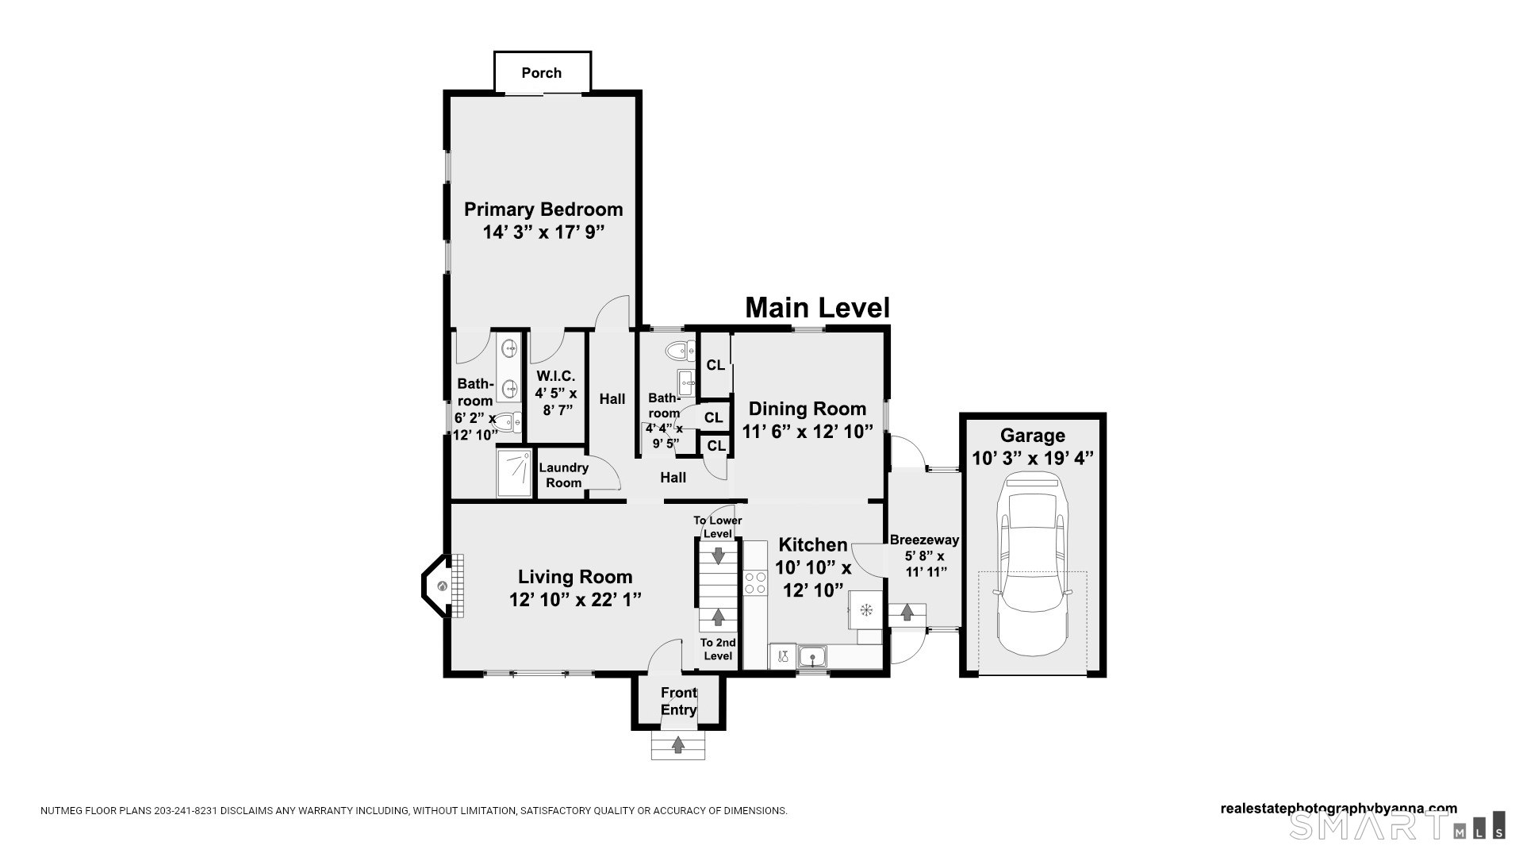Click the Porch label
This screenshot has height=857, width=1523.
(x=542, y=73)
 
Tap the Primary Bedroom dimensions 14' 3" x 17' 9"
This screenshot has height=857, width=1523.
(x=543, y=233)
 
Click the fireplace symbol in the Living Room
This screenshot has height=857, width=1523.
(x=443, y=586)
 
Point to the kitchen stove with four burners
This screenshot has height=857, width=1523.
(x=755, y=582)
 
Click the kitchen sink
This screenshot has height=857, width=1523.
(x=812, y=657)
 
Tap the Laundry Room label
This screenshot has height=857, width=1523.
(x=563, y=475)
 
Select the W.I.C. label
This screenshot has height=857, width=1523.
(x=555, y=376)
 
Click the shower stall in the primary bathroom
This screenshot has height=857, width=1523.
(x=514, y=474)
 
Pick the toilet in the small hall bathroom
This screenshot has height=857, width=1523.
(x=679, y=350)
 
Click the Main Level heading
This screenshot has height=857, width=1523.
(x=817, y=308)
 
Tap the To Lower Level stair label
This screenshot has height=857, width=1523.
(x=718, y=527)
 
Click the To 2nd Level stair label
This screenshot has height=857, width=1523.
(x=718, y=649)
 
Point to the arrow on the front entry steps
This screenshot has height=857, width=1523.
(x=678, y=745)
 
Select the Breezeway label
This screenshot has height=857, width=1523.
(x=924, y=540)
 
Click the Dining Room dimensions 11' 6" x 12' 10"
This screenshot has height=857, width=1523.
(x=808, y=432)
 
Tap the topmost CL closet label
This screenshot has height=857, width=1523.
(x=715, y=365)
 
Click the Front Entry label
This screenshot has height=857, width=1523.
(x=679, y=701)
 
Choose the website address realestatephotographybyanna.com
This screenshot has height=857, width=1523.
(x=1338, y=809)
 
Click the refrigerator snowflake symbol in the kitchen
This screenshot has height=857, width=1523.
(x=867, y=609)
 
